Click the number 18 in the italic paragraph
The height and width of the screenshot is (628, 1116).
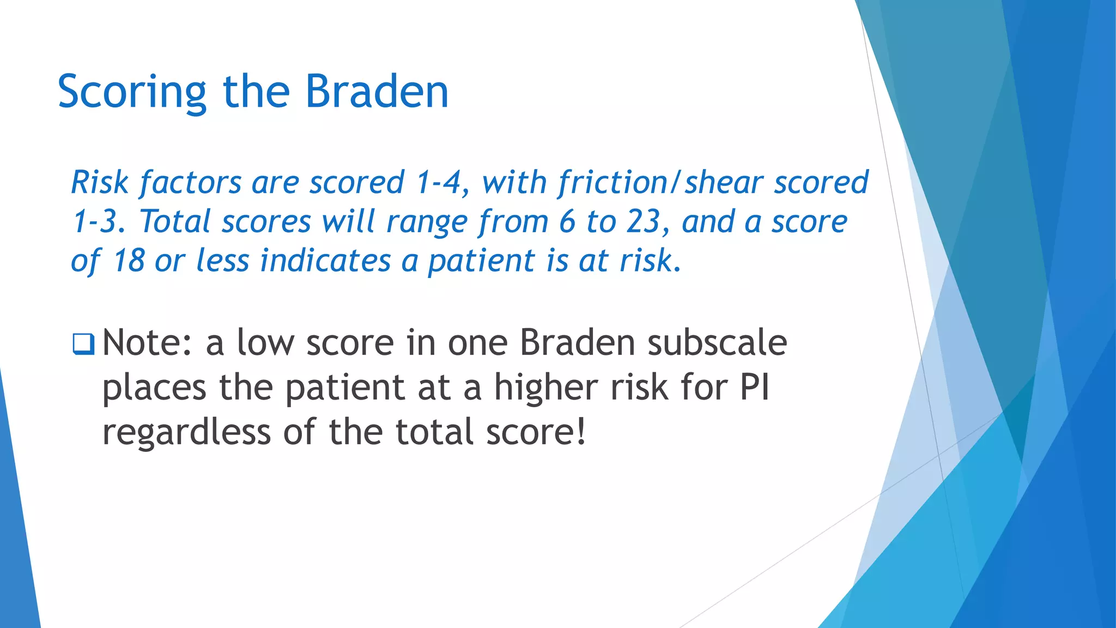tap(129, 261)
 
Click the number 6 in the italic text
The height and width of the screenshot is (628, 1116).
tap(567, 222)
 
